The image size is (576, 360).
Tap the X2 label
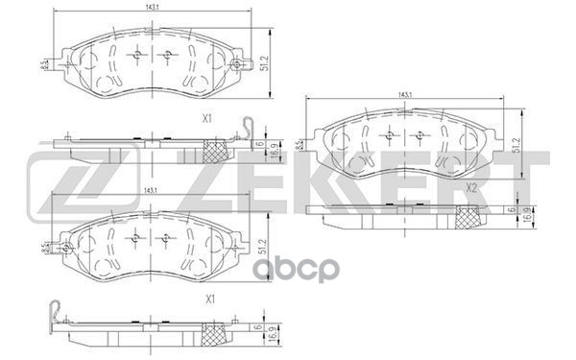(470, 188)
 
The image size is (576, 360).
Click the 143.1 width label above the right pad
(407, 94)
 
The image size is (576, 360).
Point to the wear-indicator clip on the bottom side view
(60, 311)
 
